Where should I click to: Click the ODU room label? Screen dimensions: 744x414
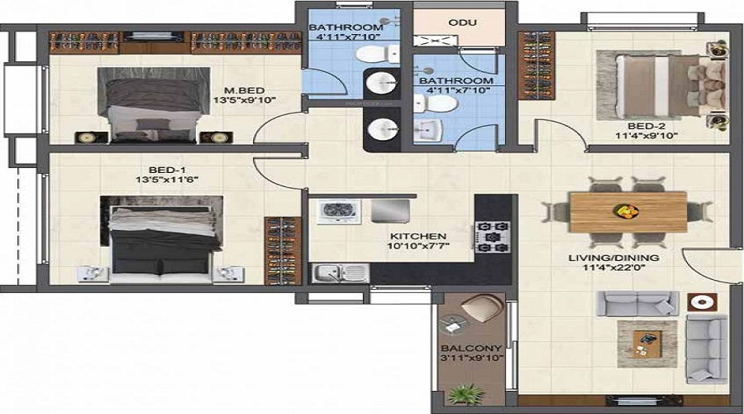point(462,23)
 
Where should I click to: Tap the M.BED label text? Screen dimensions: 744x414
point(245,90)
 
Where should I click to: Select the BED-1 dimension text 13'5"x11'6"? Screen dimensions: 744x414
point(167,180)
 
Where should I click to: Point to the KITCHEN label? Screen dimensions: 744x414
point(418,236)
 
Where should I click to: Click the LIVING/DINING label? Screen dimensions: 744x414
point(613,258)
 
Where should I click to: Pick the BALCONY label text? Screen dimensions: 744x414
point(471,348)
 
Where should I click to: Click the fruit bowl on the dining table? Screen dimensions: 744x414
point(626,210)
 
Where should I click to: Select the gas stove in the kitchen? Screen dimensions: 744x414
point(492,236)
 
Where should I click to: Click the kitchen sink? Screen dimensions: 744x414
point(341,273)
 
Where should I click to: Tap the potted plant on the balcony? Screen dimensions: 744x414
point(466,394)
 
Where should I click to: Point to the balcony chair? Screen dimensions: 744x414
point(482,307)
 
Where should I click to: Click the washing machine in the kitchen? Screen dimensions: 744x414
point(339,211)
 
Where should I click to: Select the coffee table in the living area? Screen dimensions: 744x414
point(646,343)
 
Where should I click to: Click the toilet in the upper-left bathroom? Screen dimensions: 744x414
point(377,54)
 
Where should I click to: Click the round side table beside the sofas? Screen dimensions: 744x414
point(701,302)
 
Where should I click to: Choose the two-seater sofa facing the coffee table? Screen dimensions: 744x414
point(637,303)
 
